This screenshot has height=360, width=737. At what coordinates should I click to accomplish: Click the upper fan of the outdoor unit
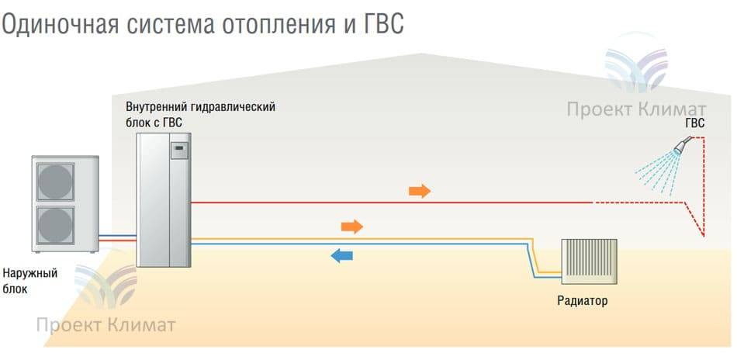point(56,182)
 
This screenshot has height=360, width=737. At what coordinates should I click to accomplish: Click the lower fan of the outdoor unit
point(56,225)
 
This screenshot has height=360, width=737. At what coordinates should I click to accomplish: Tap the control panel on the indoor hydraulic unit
point(178,151)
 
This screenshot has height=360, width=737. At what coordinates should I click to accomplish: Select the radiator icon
point(590,261)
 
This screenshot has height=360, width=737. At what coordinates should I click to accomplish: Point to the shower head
point(683,145)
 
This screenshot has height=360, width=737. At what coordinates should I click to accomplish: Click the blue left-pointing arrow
point(341,256)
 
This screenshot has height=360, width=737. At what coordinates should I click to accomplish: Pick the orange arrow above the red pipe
point(420,191)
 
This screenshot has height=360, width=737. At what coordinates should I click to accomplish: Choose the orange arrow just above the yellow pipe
point(352,227)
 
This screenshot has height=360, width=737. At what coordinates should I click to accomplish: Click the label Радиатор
point(583,301)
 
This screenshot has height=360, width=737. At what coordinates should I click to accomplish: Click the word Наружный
point(30,274)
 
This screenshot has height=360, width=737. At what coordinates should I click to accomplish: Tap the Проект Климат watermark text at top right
point(636,109)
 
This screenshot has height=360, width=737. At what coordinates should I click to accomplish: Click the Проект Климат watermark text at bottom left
point(106,325)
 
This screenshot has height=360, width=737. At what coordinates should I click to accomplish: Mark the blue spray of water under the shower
point(657,172)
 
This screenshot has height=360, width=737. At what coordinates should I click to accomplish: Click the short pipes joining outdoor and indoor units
point(117,237)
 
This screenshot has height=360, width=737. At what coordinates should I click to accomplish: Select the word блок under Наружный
point(15,289)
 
